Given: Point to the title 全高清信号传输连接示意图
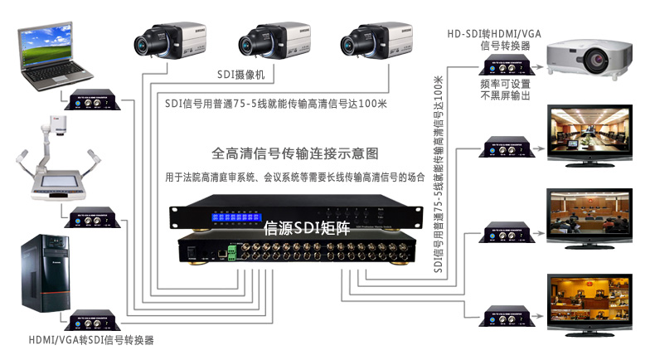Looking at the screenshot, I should pos(295,153).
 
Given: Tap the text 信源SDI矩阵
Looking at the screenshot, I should pos(303,227).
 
